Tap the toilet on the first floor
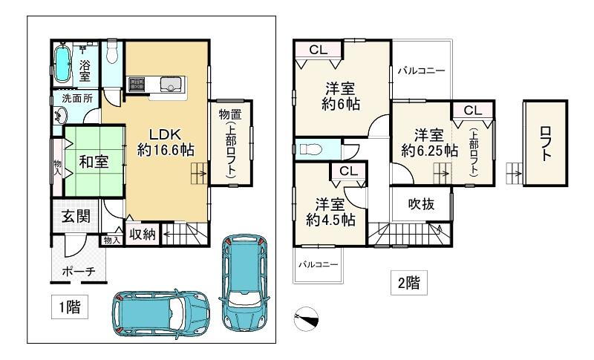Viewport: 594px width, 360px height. click(112, 53)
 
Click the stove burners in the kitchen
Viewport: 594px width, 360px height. click(137, 84)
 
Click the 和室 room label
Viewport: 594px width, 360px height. click(94, 162)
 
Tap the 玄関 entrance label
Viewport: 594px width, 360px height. click(76, 217)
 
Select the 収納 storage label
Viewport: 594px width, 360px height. click(143, 235)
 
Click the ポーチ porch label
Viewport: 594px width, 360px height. click(79, 272)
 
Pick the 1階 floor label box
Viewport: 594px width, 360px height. click(70, 307)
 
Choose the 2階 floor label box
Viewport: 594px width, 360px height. click(409, 282)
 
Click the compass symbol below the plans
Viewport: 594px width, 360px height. click(306, 318)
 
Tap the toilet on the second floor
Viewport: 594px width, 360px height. click(310, 149)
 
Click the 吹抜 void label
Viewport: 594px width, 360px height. click(421, 204)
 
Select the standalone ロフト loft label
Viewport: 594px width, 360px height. click(546, 143)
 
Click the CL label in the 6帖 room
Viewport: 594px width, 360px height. click(319, 50)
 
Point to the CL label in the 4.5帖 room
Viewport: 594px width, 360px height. click(348, 171)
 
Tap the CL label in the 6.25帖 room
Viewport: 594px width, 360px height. click(473, 111)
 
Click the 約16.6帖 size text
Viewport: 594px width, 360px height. click(166, 150)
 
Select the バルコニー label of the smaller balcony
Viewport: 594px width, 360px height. click(319, 264)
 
